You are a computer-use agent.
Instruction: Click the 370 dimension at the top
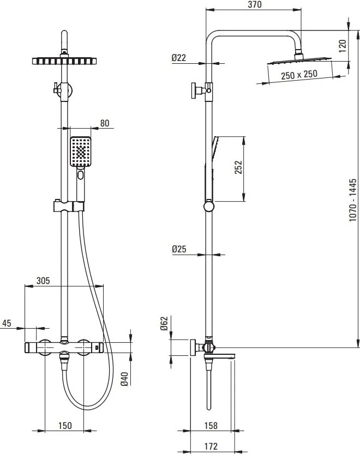click(254, 5)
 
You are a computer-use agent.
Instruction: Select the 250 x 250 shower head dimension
click(299, 75)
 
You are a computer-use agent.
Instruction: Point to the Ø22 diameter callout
click(179, 58)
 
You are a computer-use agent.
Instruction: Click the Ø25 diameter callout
click(179, 249)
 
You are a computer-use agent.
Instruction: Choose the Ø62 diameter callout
click(164, 325)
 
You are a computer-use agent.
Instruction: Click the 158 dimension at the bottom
click(210, 426)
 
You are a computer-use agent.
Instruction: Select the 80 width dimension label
click(104, 123)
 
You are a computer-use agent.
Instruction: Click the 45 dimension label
click(7, 323)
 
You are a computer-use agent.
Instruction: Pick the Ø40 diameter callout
click(124, 378)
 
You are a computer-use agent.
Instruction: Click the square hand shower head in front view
click(81, 151)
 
